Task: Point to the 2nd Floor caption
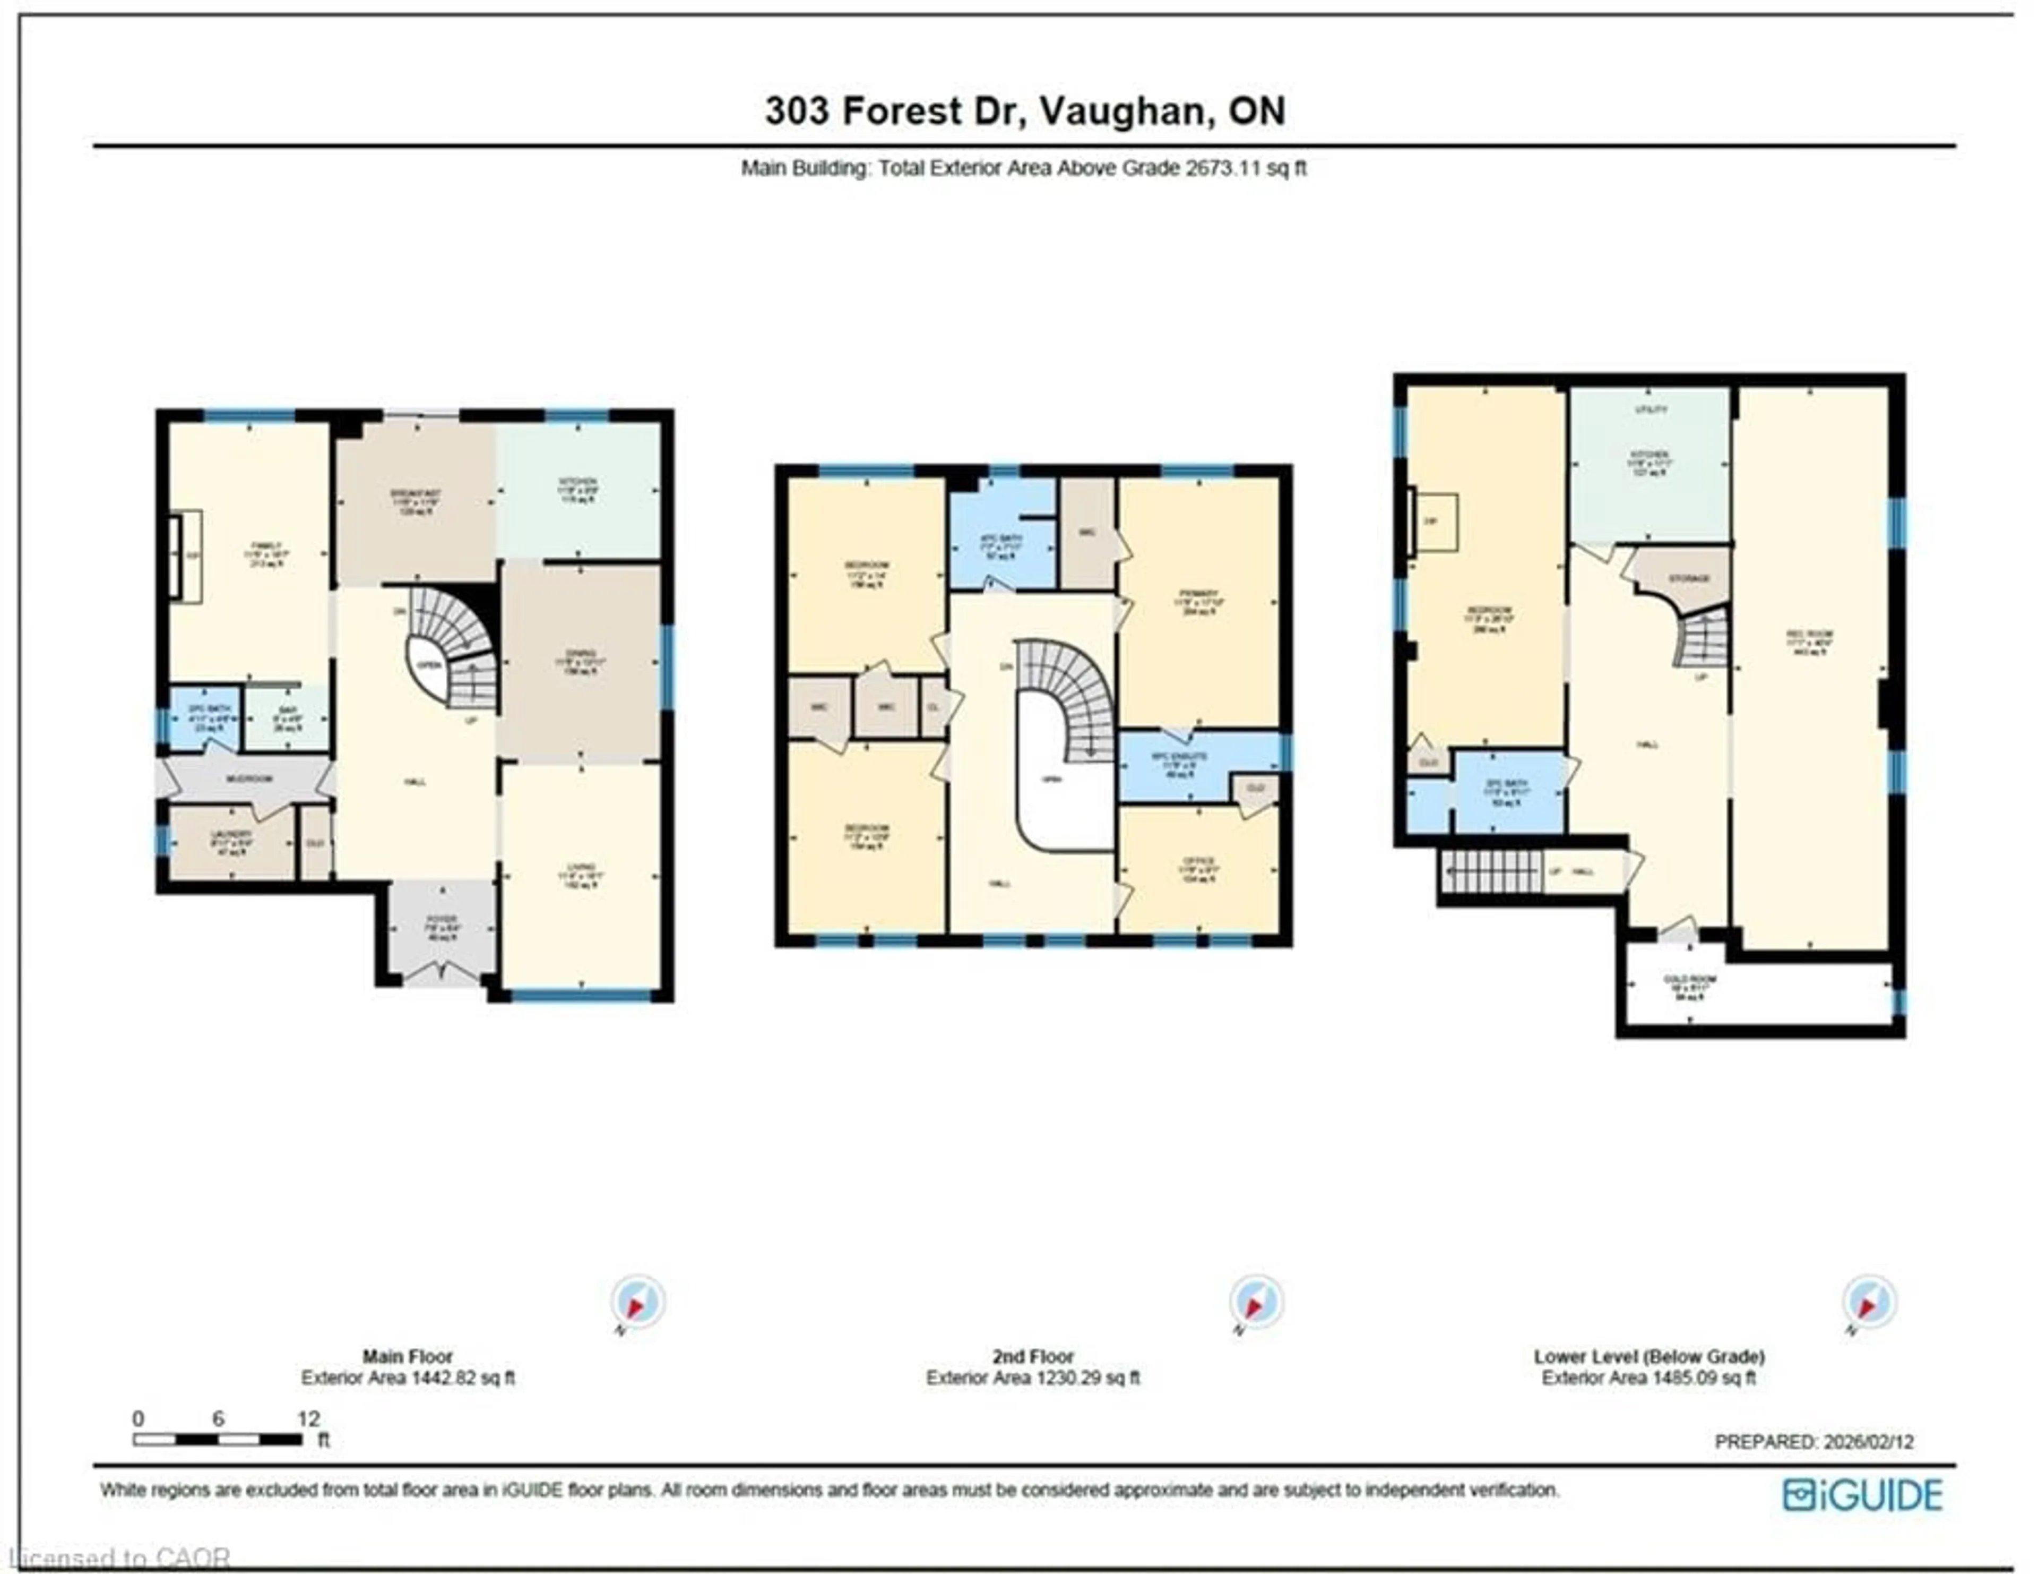[x=1032, y=1356]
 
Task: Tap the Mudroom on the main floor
[x=249, y=777]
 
